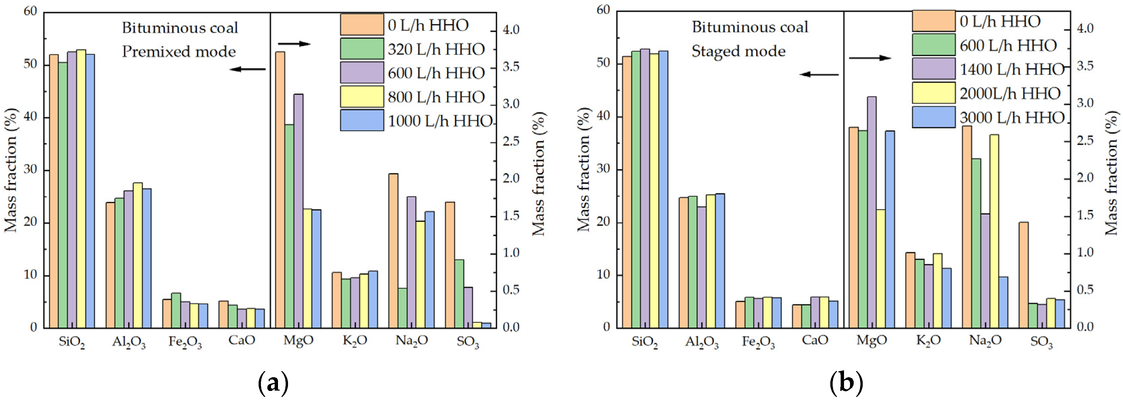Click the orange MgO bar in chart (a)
tap(280, 190)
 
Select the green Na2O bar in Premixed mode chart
tap(402, 308)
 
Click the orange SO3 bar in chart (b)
tap(1024, 275)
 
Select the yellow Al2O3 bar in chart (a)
tap(138, 255)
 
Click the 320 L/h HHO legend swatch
tap(362, 49)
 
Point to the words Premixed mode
tap(179, 52)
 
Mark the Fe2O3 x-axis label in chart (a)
tap(185, 341)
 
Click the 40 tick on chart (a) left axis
tap(31, 118)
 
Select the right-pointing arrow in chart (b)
tap(870, 58)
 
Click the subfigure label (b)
tap(846, 383)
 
